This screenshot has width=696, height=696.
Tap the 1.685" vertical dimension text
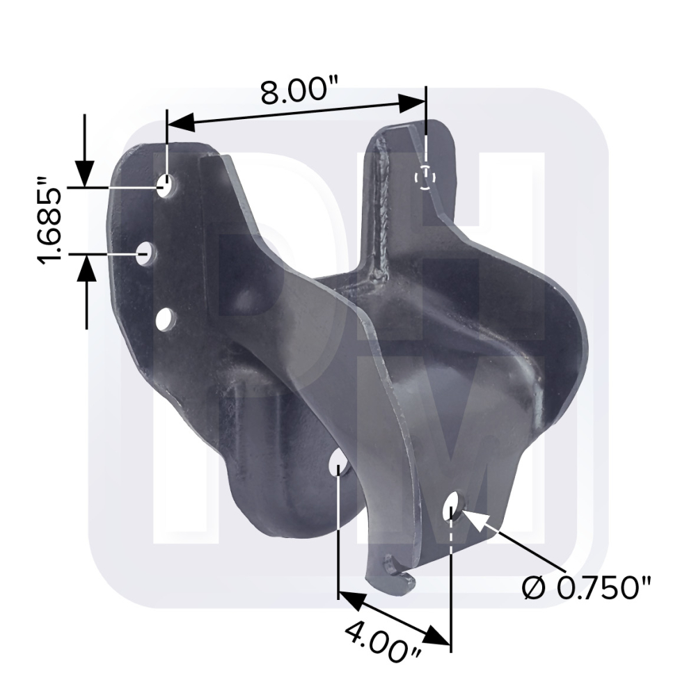50,221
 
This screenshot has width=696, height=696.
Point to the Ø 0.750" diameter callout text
586,589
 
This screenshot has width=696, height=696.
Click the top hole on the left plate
166,186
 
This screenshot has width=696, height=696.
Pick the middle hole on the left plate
145,254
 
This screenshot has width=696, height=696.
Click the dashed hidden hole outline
425,177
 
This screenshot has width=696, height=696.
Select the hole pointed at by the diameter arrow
452,506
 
